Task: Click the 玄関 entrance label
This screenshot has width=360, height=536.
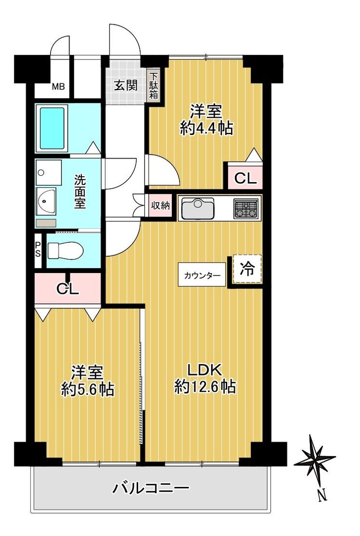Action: coord(126,85)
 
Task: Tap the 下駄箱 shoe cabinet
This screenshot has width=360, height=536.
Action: coord(154,86)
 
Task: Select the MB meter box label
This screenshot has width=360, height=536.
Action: coord(58,87)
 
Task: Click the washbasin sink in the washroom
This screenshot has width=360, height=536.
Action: coord(46,202)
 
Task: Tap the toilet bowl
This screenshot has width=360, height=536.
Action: coord(65,251)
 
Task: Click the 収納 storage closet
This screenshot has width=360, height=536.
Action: coord(160,206)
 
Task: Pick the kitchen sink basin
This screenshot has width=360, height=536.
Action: coord(198,208)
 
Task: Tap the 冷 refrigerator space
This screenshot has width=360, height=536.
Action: coord(247,269)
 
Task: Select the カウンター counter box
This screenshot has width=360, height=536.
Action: coord(202,275)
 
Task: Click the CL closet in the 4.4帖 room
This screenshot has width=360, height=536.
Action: coord(245,178)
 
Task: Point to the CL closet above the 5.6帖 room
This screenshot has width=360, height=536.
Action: coord(68,289)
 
